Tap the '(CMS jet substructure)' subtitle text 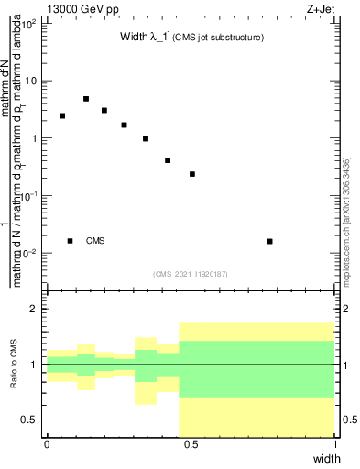[219, 38]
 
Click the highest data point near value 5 [85, 99]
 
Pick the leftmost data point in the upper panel [62, 116]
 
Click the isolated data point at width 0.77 [269, 241]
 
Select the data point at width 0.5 [192, 174]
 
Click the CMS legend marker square [70, 241]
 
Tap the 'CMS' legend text [95, 241]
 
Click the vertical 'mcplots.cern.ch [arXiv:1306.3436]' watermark [345, 220]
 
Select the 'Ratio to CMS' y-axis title [15, 365]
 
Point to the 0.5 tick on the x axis [191, 444]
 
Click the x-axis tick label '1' [335, 444]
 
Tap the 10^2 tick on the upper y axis [29, 24]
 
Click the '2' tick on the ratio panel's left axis [38, 310]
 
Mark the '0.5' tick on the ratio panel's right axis [347, 420]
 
